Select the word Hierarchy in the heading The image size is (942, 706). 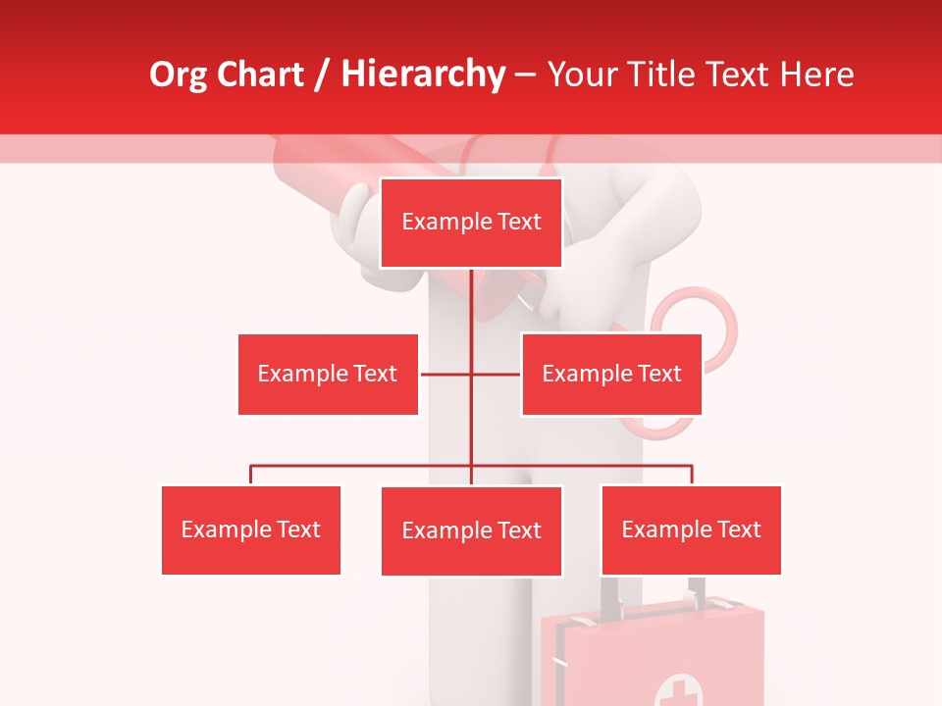point(423,75)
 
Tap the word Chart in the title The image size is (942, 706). point(260,75)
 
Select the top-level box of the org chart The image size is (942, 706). point(471,223)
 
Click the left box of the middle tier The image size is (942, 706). point(328,374)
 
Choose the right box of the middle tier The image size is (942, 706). point(611,374)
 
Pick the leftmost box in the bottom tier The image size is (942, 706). point(250,529)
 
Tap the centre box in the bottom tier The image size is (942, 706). point(471,530)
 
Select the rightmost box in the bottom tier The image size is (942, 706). point(691,529)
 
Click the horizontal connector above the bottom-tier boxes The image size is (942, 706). point(363,466)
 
